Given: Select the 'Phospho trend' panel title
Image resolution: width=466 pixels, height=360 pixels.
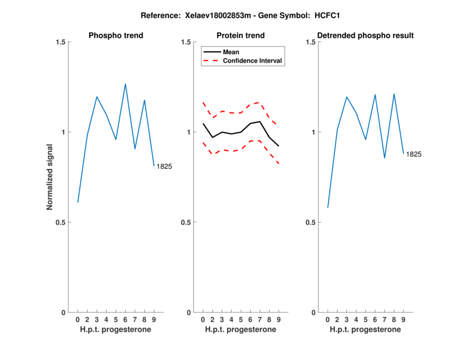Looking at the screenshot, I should click(115, 36).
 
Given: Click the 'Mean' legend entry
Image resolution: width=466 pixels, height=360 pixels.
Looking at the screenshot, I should click(231, 52).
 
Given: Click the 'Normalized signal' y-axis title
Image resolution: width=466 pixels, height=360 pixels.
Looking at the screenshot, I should click(50, 178).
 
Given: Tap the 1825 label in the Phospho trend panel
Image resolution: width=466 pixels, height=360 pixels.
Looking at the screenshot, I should click(164, 167).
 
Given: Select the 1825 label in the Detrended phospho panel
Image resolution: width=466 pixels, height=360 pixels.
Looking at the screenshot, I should click(414, 154).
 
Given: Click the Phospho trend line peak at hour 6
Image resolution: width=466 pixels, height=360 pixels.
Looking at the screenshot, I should click(125, 84).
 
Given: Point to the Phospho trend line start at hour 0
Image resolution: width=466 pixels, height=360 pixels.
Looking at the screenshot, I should click(77, 202).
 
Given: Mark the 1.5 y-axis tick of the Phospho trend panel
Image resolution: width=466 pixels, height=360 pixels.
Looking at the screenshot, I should click(59, 42).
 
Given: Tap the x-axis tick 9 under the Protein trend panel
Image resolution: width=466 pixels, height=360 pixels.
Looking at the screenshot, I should click(278, 320).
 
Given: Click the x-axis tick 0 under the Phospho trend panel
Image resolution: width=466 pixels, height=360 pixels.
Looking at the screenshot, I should click(77, 320).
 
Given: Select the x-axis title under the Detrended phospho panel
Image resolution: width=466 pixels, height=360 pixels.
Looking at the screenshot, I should click(365, 330).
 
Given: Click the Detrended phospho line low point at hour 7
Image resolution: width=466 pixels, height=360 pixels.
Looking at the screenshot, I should click(384, 158).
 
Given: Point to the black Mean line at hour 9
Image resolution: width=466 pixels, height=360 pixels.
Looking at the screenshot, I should click(278, 146).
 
